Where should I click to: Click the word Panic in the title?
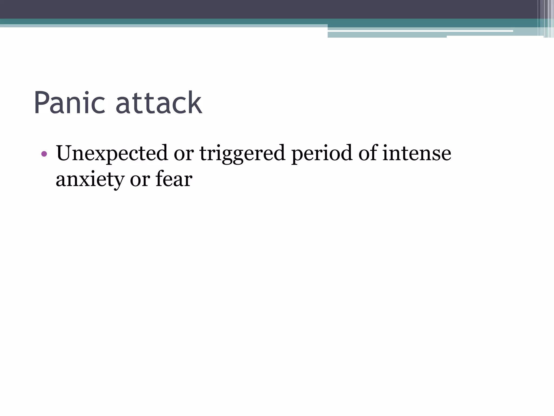coord(69,103)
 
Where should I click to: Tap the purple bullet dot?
coord(44,154)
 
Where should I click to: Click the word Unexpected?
coord(112,153)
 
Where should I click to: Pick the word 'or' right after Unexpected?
coord(184,154)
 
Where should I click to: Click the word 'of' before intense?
coord(368,153)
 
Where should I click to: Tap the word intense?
coord(417,153)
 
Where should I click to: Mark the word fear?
coord(174,179)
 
